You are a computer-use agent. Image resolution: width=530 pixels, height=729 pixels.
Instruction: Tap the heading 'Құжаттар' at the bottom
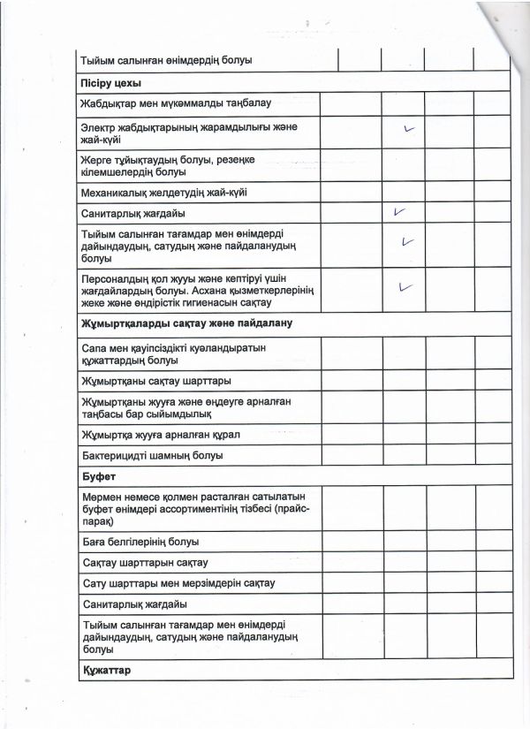tap(105, 671)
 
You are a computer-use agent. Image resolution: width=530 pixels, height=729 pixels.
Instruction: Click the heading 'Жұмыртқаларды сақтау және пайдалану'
tap(186, 323)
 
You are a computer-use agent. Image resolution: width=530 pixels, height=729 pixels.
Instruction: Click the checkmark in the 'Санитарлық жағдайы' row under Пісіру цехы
tap(400, 212)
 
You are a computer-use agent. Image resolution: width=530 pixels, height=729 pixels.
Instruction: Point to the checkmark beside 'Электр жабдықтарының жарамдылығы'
tap(408, 129)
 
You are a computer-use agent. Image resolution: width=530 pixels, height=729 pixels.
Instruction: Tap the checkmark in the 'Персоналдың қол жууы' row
tap(406, 286)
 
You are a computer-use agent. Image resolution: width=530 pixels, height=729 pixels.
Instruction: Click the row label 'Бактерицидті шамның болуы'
tap(151, 456)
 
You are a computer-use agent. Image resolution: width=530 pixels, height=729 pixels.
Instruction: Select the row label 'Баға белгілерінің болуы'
tap(140, 542)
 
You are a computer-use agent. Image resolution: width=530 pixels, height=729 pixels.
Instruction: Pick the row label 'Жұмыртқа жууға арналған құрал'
tap(160, 435)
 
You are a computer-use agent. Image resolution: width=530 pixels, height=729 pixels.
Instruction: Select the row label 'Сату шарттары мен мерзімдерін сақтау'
tap(178, 584)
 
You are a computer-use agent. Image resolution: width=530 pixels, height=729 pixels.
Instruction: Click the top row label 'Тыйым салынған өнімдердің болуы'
tap(166, 60)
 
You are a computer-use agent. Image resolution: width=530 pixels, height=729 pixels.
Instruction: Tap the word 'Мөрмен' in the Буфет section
tap(101, 498)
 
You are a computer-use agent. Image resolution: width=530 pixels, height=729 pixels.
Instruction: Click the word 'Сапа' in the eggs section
tap(94, 348)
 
